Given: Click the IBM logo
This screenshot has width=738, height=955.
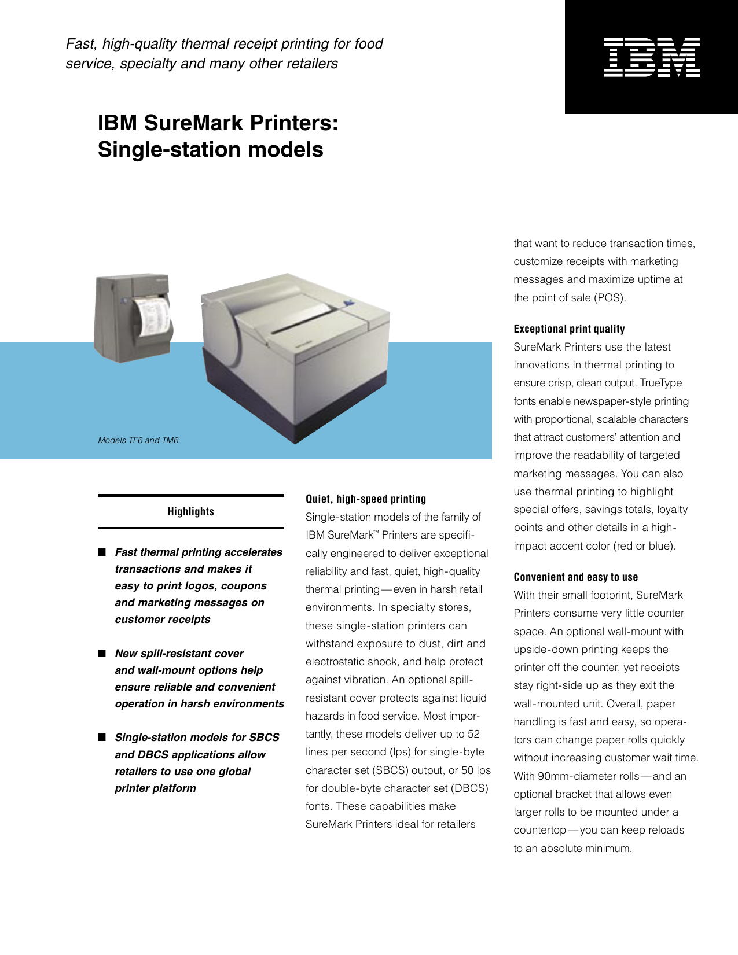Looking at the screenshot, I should (652, 57).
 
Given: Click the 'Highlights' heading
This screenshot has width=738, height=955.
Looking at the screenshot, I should (190, 511).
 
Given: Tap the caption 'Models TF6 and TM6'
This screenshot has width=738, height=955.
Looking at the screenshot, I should (138, 440).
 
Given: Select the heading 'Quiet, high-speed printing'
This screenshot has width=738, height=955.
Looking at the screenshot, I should (366, 499).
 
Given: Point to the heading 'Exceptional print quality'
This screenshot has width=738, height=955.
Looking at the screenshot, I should (569, 329).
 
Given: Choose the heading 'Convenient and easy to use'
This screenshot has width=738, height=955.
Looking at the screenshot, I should (575, 577).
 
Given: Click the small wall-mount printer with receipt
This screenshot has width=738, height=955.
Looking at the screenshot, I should (133, 318).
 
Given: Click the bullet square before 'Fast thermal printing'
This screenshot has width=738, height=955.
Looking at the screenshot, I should (102, 552).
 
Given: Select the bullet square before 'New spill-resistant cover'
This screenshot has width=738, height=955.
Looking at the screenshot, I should (102, 653).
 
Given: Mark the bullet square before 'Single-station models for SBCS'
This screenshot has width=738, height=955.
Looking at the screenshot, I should (102, 737).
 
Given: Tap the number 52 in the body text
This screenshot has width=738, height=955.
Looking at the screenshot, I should (473, 734).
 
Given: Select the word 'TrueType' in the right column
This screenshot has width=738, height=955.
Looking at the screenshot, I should (662, 383).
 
